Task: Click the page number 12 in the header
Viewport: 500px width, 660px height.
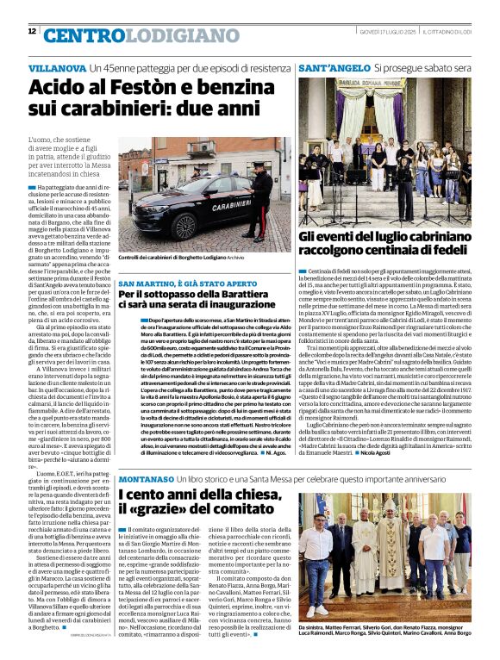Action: (x=32, y=31)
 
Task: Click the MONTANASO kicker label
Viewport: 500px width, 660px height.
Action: (x=148, y=477)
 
